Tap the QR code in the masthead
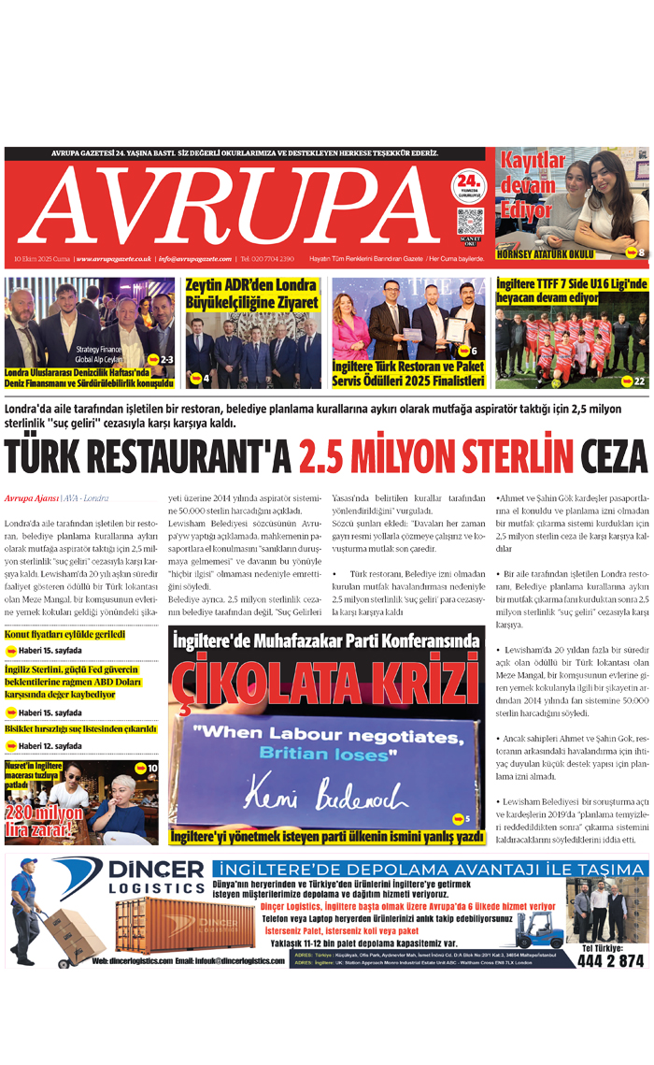pyautogui.click(x=469, y=222)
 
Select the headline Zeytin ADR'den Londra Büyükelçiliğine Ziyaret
pyautogui.click(x=252, y=294)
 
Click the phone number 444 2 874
pyautogui.click(x=612, y=960)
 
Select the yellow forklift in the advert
pyautogui.click(x=540, y=930)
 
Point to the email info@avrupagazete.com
pyautogui.click(x=195, y=259)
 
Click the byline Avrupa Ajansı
pyautogui.click(x=29, y=498)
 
